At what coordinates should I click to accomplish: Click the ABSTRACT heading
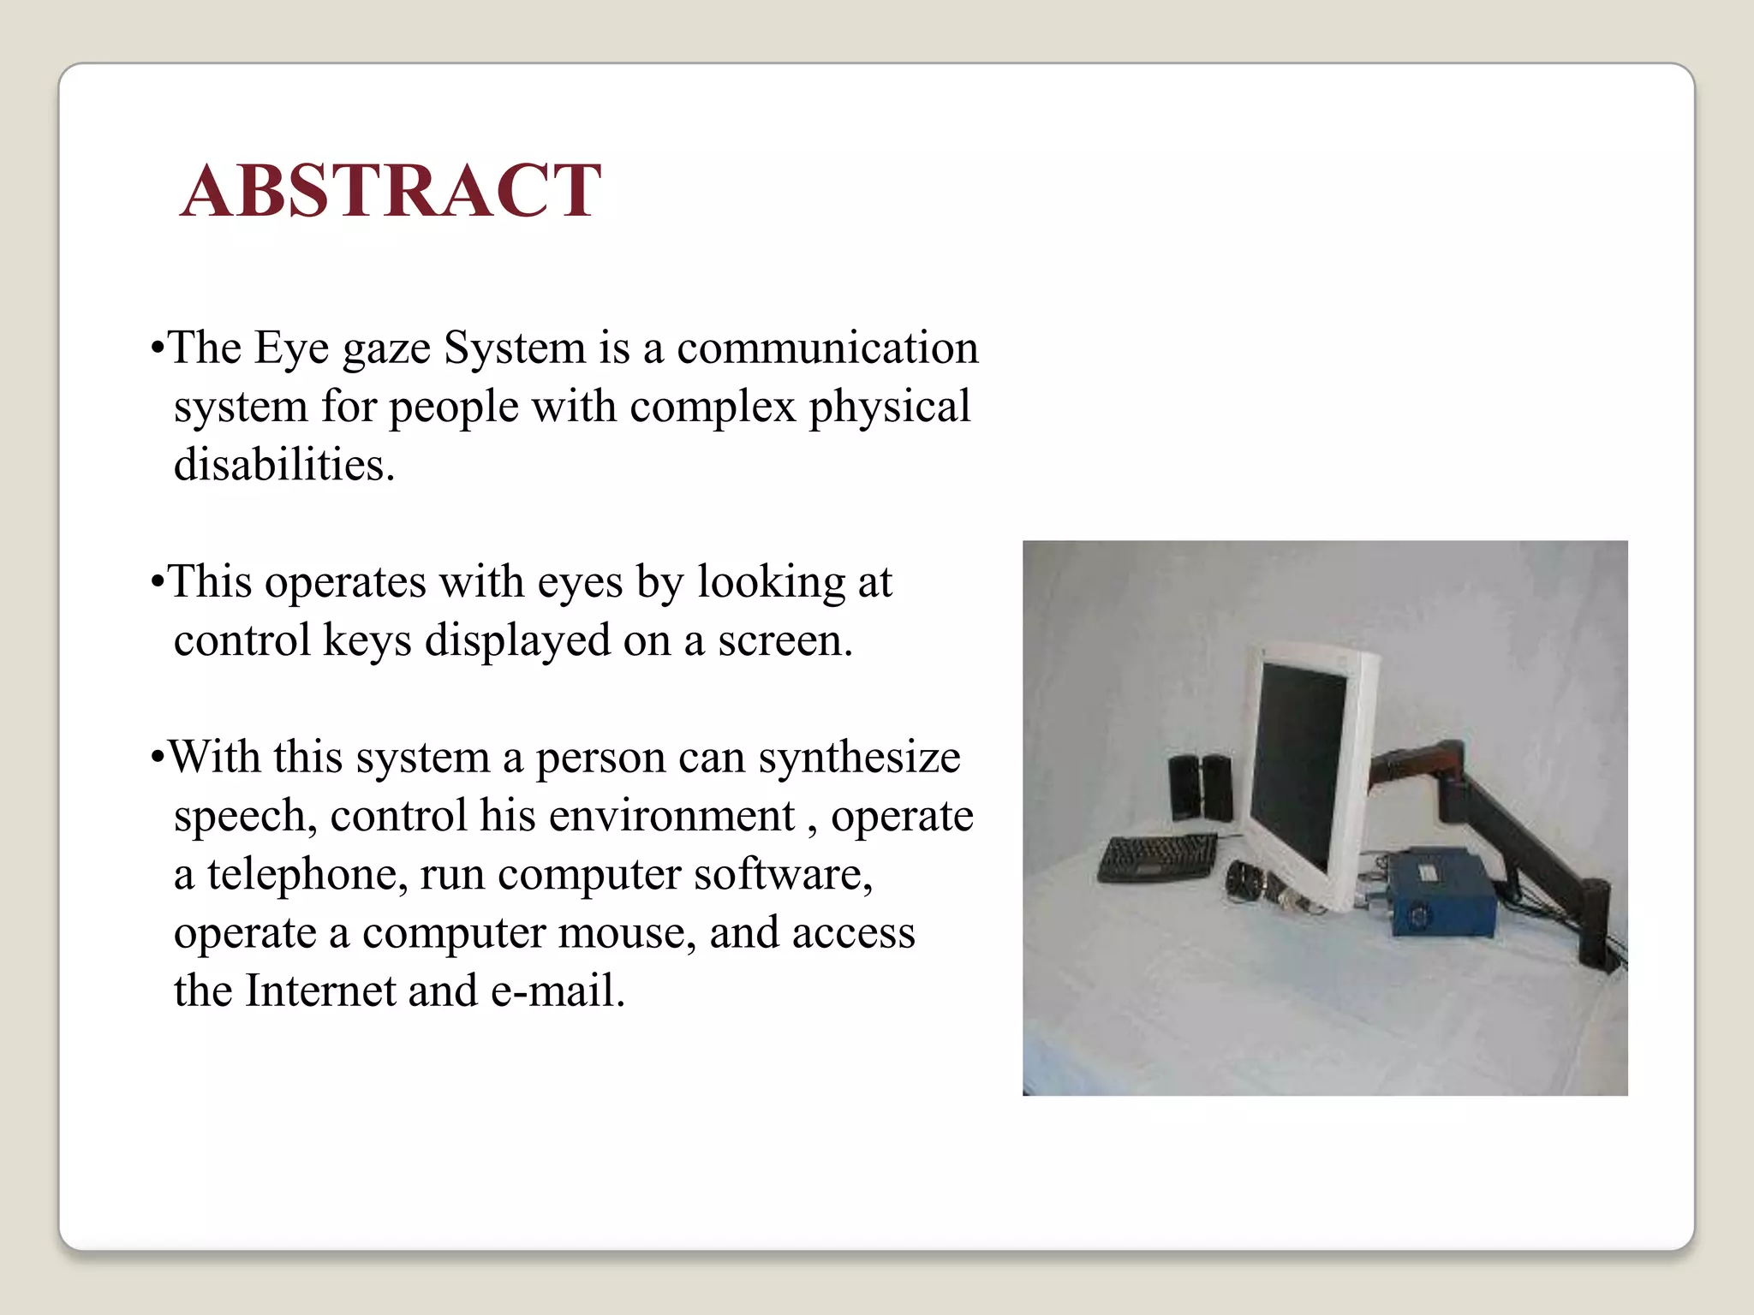pyautogui.click(x=391, y=190)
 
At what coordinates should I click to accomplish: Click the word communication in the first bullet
pyautogui.click(x=827, y=348)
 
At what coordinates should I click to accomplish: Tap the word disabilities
pyautogui.click(x=283, y=465)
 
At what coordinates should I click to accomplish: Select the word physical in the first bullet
pyautogui.click(x=890, y=407)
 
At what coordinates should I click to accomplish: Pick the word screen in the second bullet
pyautogui.click(x=785, y=641)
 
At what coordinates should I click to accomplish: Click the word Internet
pyautogui.click(x=319, y=991)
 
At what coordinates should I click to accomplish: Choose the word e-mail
pyautogui.click(x=557, y=991)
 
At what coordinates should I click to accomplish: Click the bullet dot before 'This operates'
pyautogui.click(x=156, y=583)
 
